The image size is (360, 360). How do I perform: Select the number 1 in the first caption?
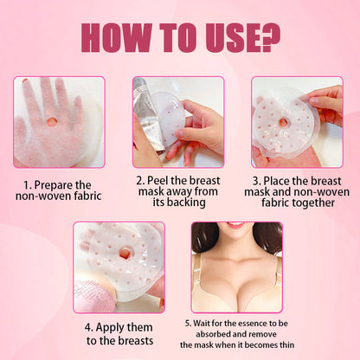pos(28,184)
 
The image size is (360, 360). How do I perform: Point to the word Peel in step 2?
pos(160,179)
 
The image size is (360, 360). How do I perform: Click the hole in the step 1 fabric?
pos(51,121)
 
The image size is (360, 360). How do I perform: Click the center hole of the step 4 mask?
pos(124,254)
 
